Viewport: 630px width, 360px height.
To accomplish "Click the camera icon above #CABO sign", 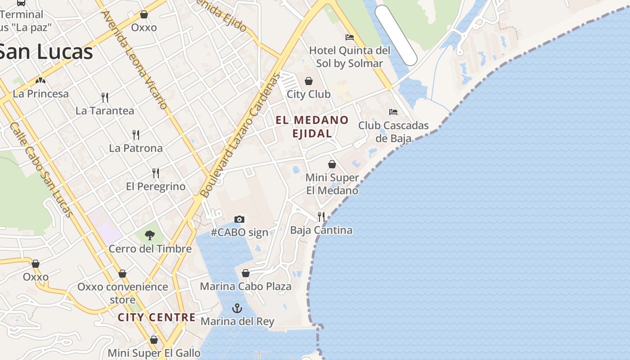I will coord(239,219).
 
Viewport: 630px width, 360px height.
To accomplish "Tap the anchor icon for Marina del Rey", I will coord(237,308).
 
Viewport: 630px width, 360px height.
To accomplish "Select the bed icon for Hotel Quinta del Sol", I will coord(350,37).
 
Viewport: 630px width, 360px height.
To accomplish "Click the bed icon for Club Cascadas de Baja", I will coord(393,112).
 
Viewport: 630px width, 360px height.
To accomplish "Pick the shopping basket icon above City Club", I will coord(309,81).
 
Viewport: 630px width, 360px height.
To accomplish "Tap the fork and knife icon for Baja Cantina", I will coord(321,217).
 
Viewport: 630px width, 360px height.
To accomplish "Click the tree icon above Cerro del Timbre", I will coord(150,235).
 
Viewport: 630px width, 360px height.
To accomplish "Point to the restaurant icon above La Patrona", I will coord(136,135).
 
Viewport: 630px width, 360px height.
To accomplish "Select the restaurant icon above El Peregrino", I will coord(156,173).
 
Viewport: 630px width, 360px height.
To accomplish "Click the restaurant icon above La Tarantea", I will coord(105,97).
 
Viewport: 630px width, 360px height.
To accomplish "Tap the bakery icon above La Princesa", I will coord(41,81).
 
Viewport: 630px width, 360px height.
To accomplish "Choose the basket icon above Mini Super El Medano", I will coord(332,164).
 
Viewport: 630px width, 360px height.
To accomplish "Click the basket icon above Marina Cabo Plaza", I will coord(246,273).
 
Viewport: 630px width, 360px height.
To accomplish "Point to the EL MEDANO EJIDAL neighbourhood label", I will coord(312,126).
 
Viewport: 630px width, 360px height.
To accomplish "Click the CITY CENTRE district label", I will coord(157,317).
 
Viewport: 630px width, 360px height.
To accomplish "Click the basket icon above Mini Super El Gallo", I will coord(154,340).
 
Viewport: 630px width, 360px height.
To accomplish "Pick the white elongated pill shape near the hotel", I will coord(396,35).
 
